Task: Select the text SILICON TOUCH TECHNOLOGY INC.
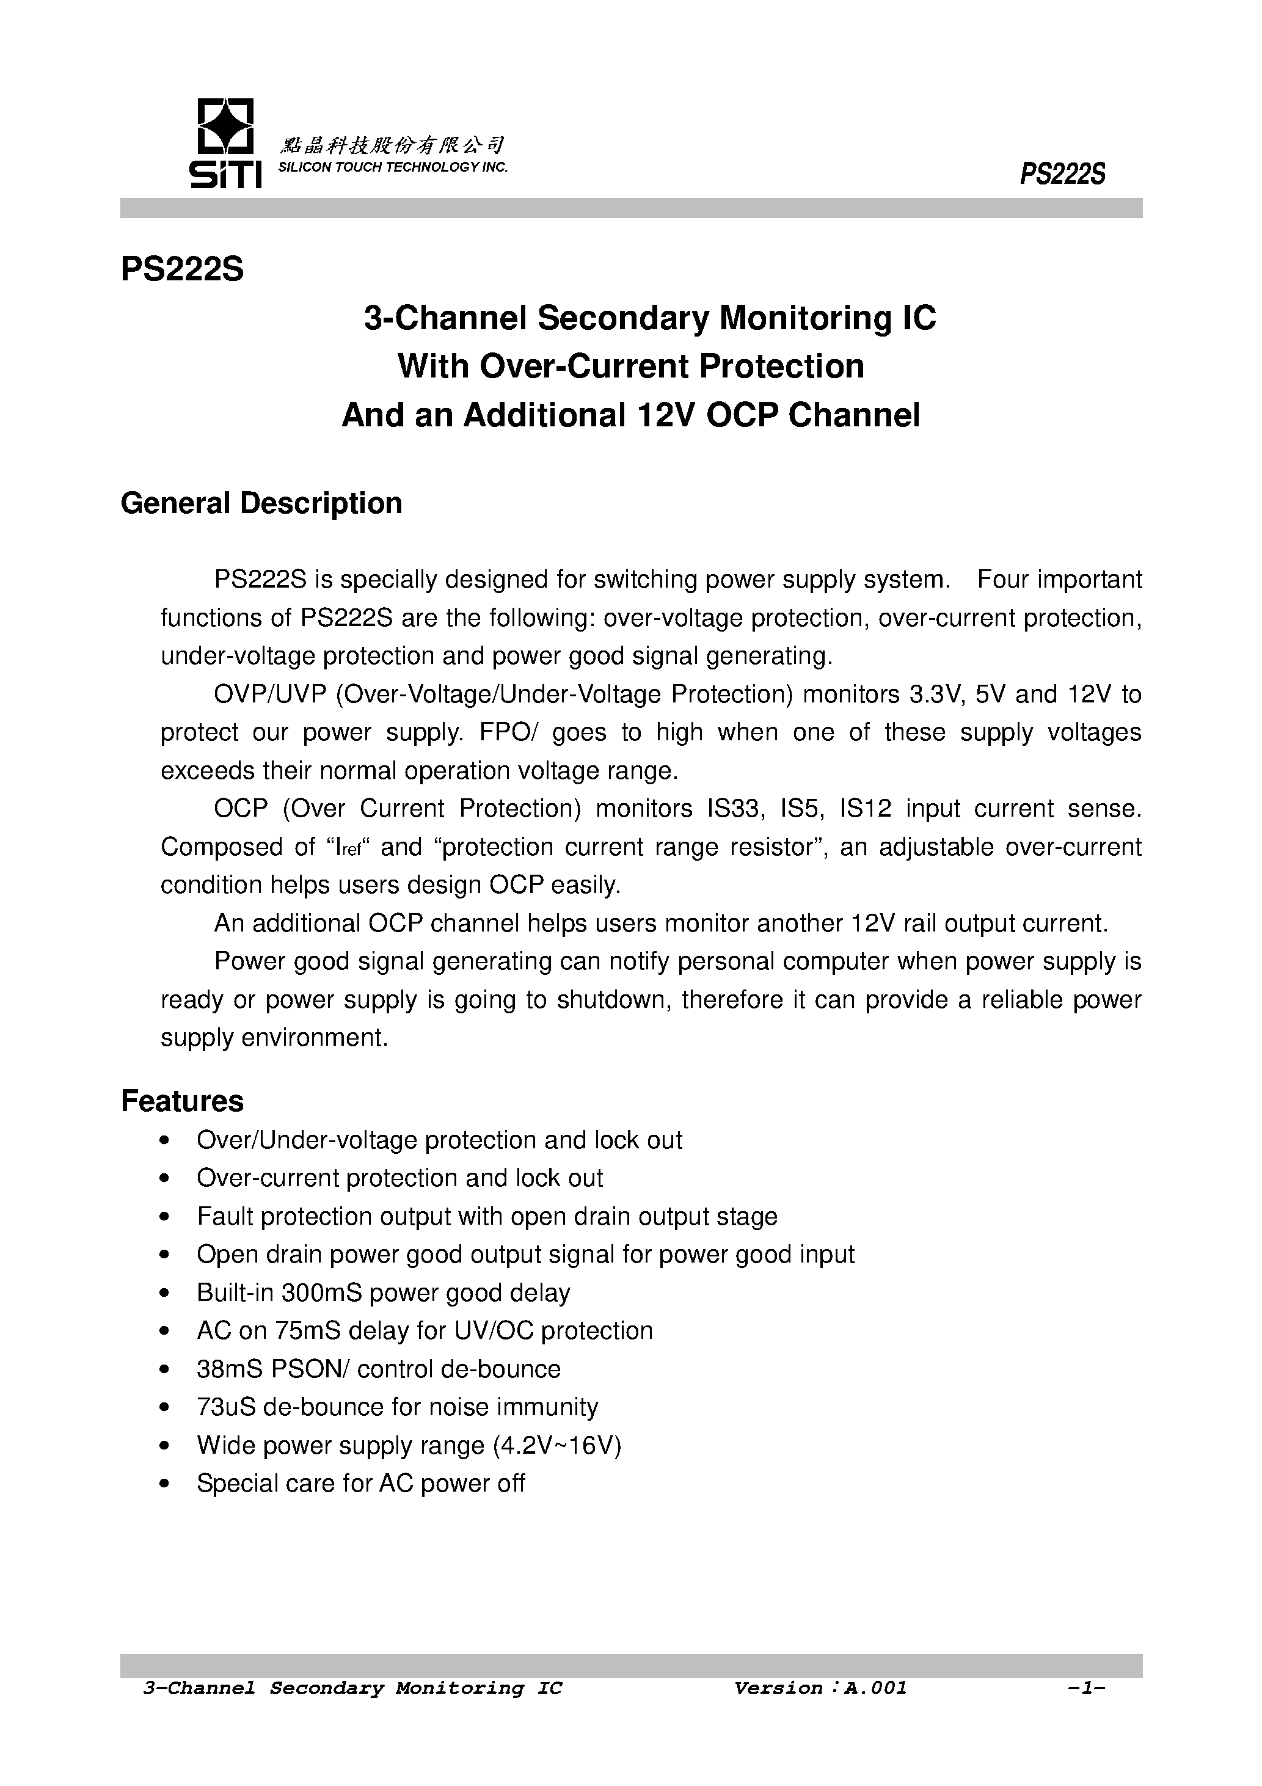(x=393, y=168)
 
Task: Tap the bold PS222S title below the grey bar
(x=182, y=270)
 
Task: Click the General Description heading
(x=261, y=503)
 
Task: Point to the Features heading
(x=182, y=1101)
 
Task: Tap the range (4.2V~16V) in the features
(x=557, y=1445)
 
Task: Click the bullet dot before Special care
(x=163, y=1484)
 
